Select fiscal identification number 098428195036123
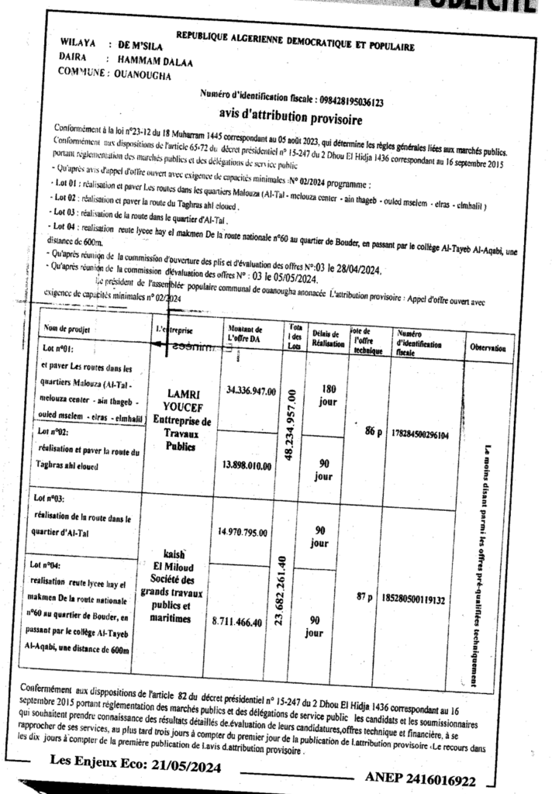click(352, 100)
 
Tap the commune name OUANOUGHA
click(143, 75)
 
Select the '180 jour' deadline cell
click(327, 396)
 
